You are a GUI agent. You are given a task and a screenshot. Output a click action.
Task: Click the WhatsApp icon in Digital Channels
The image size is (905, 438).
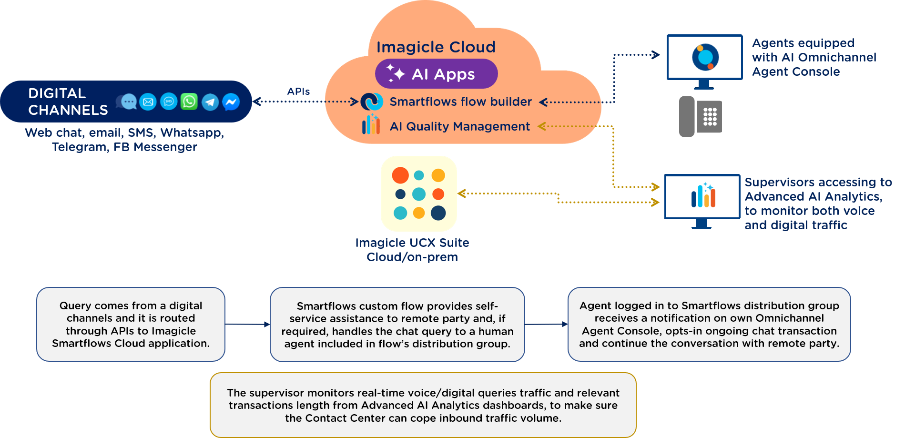point(189,102)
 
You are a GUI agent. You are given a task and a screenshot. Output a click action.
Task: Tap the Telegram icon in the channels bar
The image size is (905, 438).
point(210,102)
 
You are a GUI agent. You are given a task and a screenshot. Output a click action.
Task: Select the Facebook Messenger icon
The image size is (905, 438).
point(231,102)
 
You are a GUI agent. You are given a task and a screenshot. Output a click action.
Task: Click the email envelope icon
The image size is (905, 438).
point(148,102)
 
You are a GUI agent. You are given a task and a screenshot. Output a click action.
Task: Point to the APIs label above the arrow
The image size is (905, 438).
point(298,92)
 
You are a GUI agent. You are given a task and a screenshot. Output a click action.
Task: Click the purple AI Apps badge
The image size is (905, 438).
point(436,74)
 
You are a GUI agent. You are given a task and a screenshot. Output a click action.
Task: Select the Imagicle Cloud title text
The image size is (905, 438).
point(436,47)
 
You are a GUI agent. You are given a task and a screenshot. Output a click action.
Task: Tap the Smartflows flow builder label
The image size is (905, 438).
point(461,102)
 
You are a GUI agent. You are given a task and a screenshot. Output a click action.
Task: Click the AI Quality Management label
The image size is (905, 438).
point(460,126)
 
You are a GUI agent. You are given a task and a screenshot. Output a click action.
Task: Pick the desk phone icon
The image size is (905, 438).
point(700,117)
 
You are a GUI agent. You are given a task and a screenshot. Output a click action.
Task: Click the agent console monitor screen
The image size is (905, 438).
point(704,57)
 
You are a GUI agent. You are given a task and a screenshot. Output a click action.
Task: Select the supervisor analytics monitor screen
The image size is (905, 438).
point(702,196)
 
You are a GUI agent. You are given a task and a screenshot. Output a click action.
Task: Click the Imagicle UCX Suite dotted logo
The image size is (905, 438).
point(419,194)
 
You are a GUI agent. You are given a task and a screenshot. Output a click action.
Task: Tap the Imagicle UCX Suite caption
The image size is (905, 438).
point(412,250)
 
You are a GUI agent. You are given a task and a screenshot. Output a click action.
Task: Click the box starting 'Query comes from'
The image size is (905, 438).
point(131,324)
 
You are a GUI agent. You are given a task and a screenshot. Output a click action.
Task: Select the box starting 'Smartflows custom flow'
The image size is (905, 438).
point(397,325)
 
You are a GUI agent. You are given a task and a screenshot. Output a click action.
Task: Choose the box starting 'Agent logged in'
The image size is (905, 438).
point(709,324)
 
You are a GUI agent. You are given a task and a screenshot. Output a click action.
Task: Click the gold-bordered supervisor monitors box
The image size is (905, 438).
point(423,405)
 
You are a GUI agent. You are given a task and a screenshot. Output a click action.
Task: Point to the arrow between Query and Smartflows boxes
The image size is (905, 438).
point(247,324)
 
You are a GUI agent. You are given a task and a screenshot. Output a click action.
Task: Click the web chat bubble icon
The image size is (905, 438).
point(127,102)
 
